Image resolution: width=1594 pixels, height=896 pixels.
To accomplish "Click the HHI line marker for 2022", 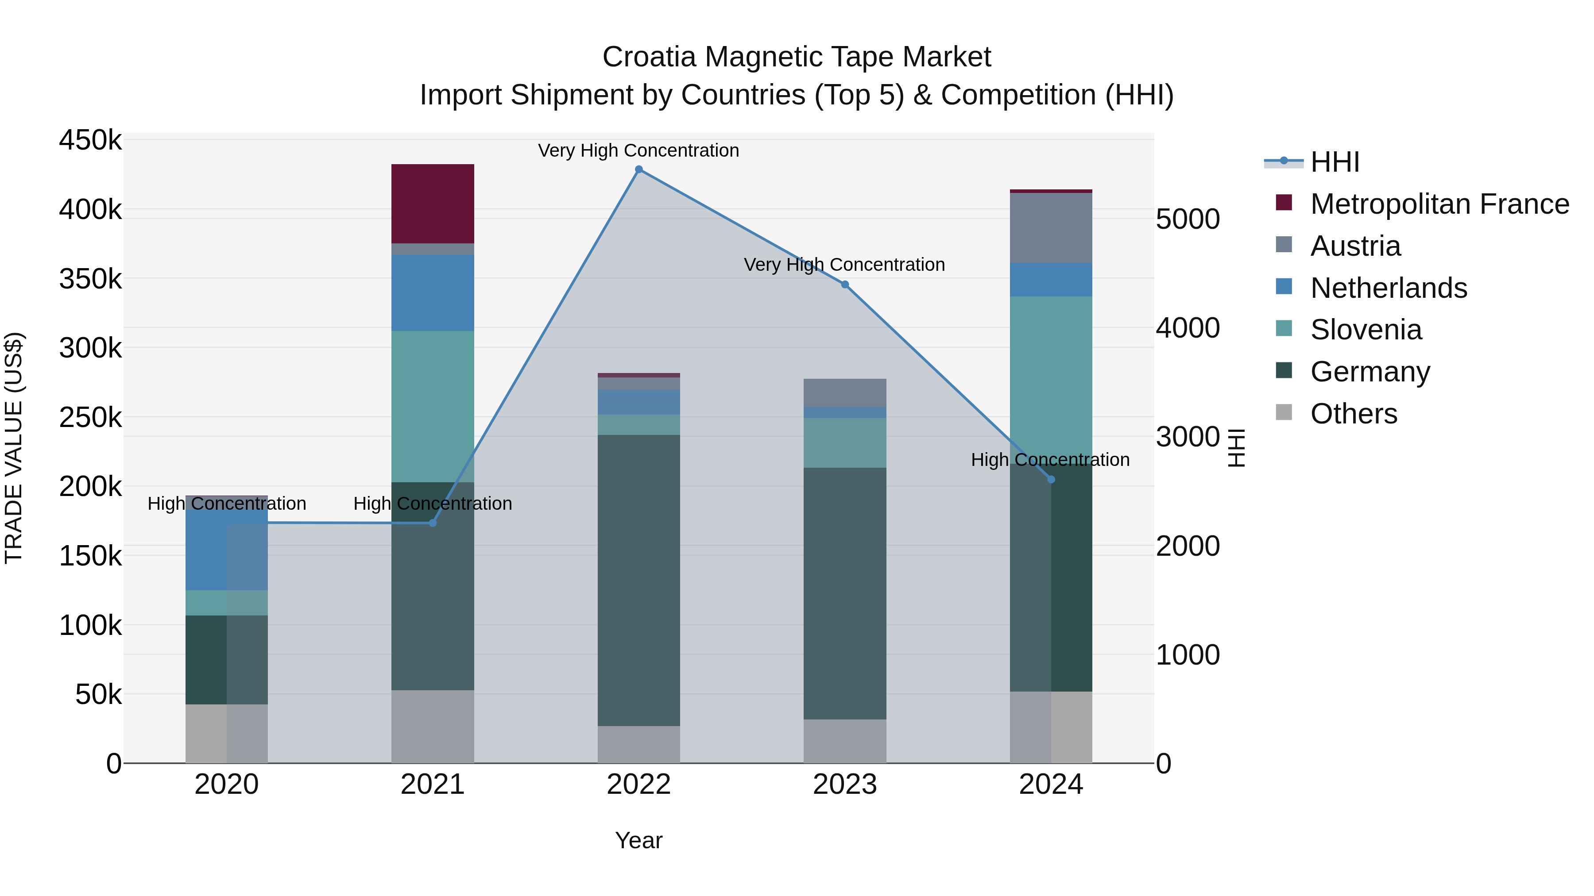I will pyautogui.click(x=638, y=169).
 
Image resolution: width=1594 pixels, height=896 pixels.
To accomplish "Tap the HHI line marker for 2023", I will pyautogui.click(x=845, y=285).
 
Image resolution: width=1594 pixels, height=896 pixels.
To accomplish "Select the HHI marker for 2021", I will pyautogui.click(x=433, y=523).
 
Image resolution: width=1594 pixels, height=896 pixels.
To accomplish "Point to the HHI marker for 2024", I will pyautogui.click(x=1051, y=479).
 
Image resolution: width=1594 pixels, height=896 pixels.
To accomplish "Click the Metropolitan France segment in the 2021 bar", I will pyautogui.click(x=433, y=204).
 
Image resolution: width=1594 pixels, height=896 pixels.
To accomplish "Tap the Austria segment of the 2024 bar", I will pyautogui.click(x=1051, y=227).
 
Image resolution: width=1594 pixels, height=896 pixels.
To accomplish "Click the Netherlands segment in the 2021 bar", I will pyautogui.click(x=433, y=292).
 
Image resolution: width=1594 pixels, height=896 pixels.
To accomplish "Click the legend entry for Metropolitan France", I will pyautogui.click(x=1439, y=204).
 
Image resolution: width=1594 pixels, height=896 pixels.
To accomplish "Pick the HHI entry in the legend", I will pyautogui.click(x=1334, y=162).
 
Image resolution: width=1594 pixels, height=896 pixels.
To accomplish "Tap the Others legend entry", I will pyautogui.click(x=1353, y=414).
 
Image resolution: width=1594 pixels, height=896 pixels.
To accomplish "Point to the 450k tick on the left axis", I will pyautogui.click(x=90, y=140).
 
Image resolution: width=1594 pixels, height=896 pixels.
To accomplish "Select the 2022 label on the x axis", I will pyautogui.click(x=638, y=784).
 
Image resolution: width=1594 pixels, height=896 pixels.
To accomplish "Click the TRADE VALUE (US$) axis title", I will pyautogui.click(x=14, y=448).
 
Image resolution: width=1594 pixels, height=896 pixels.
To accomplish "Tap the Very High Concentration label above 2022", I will pyautogui.click(x=638, y=151).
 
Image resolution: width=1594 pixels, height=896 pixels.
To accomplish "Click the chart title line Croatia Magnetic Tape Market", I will pyautogui.click(x=797, y=57).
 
